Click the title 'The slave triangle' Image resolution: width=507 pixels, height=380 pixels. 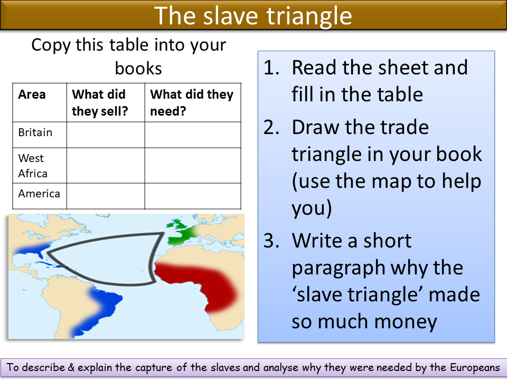[x=253, y=16]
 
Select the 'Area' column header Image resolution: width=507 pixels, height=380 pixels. [x=32, y=95]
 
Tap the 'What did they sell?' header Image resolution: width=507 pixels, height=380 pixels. [x=99, y=103]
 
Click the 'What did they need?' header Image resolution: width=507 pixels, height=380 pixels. [x=191, y=103]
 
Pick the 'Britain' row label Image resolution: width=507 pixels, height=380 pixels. [x=35, y=132]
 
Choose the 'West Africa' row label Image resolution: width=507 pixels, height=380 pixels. [x=32, y=166]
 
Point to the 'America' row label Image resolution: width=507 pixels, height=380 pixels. [x=39, y=194]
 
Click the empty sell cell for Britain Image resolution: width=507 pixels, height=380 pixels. [x=106, y=135]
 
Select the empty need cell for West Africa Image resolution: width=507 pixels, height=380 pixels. [x=193, y=165]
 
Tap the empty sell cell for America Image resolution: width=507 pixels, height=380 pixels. [x=106, y=196]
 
